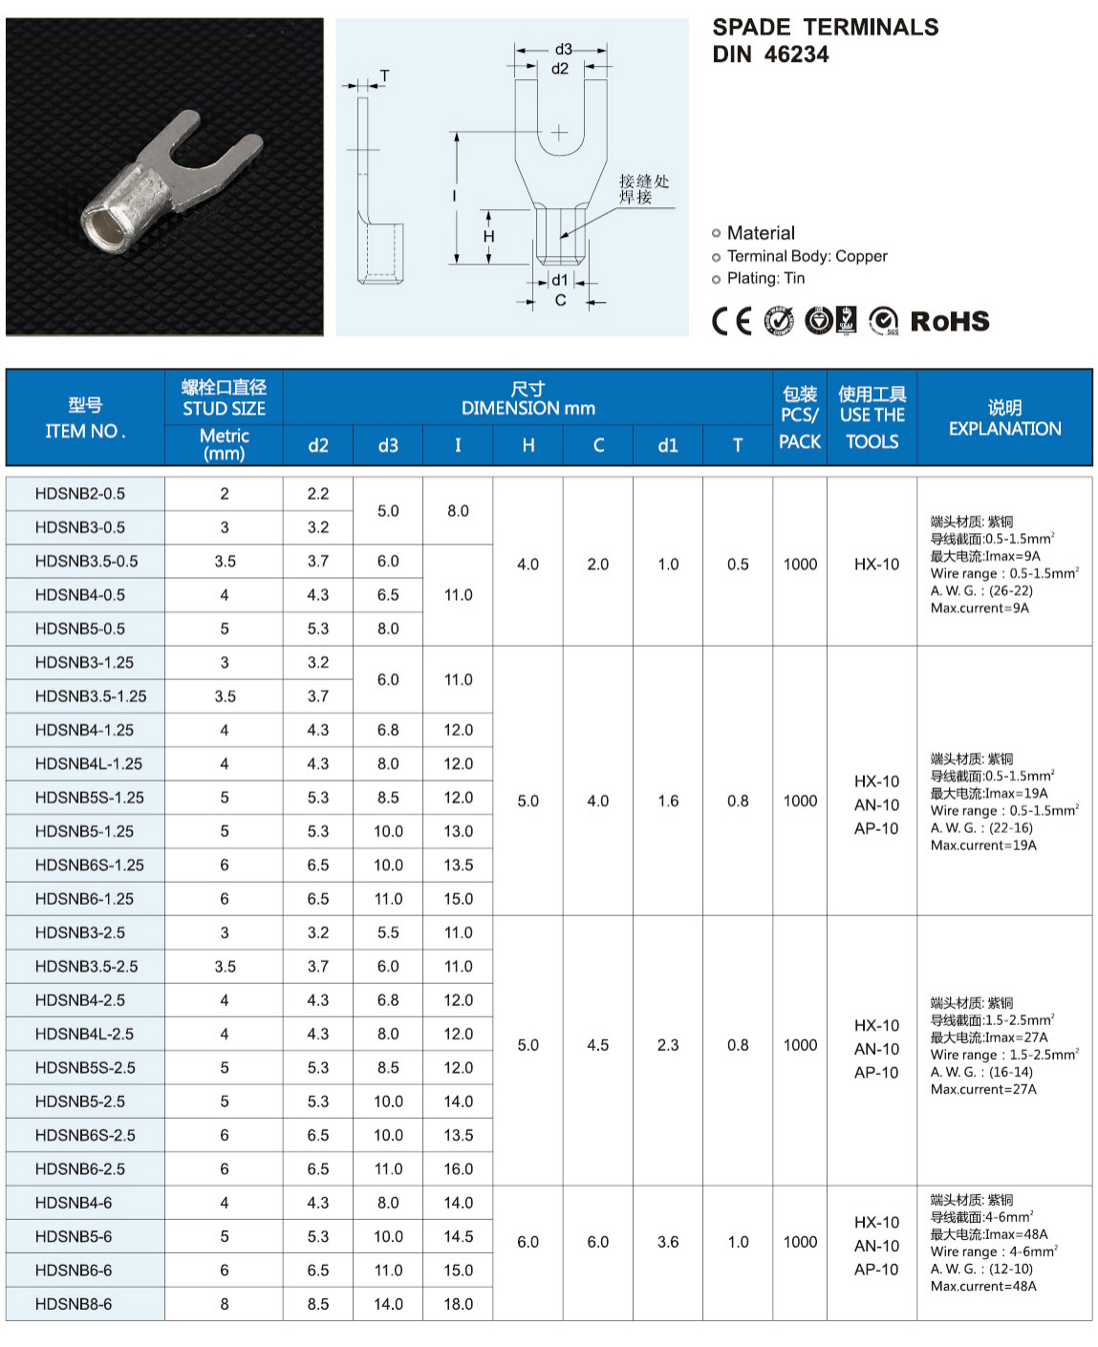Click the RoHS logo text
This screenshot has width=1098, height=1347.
tap(949, 321)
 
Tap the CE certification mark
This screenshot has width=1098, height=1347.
tap(732, 321)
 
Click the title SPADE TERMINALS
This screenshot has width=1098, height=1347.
tap(825, 27)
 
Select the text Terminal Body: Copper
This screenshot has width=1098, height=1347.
tap(807, 256)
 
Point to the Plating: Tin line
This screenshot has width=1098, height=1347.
tap(765, 278)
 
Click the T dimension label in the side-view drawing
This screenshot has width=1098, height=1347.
tap(384, 75)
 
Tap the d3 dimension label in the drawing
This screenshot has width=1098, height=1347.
tap(563, 50)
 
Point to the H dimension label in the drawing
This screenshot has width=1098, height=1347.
tap(488, 236)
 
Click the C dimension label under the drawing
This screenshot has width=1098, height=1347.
tap(560, 300)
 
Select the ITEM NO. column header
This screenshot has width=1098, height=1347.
tap(85, 431)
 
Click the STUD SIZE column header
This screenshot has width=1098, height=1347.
tap(225, 408)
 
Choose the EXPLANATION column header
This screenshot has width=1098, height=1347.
tap(1004, 428)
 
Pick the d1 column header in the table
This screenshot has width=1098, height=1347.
tap(667, 445)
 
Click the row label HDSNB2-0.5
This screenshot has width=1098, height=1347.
tap(80, 494)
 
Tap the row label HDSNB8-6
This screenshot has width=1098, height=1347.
tap(74, 1304)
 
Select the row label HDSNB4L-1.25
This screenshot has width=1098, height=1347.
tap(89, 763)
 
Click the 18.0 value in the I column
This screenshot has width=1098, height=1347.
tap(458, 1304)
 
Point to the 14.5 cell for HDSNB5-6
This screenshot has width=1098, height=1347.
tap(458, 1236)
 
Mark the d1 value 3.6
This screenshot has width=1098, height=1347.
tap(667, 1242)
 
